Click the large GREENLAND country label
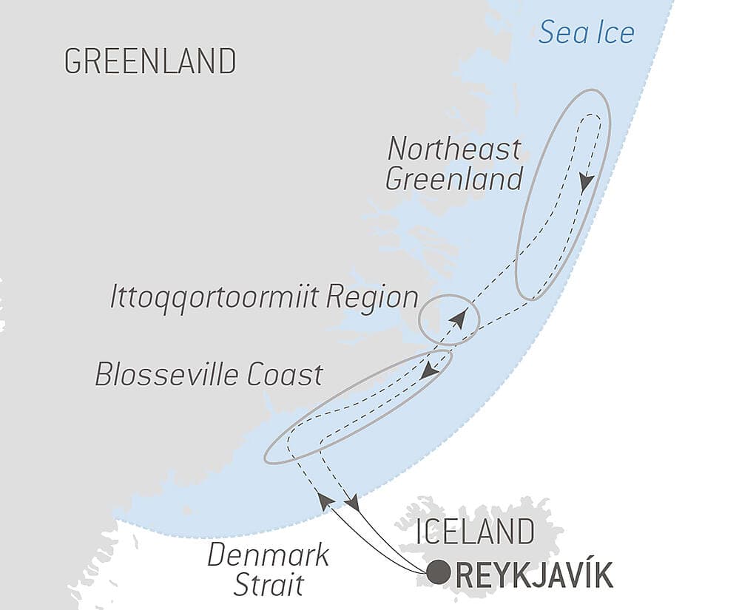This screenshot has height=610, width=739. click(150, 61)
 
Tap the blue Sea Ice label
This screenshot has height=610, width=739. click(587, 32)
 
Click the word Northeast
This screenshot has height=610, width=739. click(454, 149)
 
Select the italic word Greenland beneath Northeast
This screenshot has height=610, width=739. click(454, 179)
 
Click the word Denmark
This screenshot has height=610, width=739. click(269, 555)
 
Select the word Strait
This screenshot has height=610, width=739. click(269, 585)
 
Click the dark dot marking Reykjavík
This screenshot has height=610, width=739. click(439, 572)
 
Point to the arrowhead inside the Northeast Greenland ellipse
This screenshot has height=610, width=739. click(587, 182)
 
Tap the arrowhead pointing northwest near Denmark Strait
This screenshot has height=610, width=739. click(323, 501)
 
